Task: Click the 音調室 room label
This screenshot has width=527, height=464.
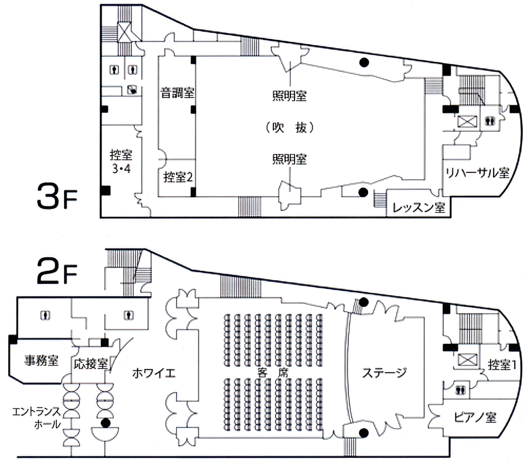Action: click(177, 93)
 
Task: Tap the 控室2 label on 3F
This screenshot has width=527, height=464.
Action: click(178, 177)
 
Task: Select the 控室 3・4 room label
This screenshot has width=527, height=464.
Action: click(121, 162)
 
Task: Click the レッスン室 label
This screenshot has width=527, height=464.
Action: click(419, 207)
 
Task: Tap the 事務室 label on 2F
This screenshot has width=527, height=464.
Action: click(41, 361)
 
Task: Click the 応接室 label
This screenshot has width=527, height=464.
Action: click(91, 363)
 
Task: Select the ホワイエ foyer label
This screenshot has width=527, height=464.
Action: click(154, 373)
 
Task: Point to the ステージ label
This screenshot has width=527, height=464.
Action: click(385, 373)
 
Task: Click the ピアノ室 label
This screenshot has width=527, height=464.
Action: click(475, 417)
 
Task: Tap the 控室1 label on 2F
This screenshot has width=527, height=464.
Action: click(502, 365)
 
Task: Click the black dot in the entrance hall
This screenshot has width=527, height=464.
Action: click(106, 422)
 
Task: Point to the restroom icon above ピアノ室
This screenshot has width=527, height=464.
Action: click(459, 389)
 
